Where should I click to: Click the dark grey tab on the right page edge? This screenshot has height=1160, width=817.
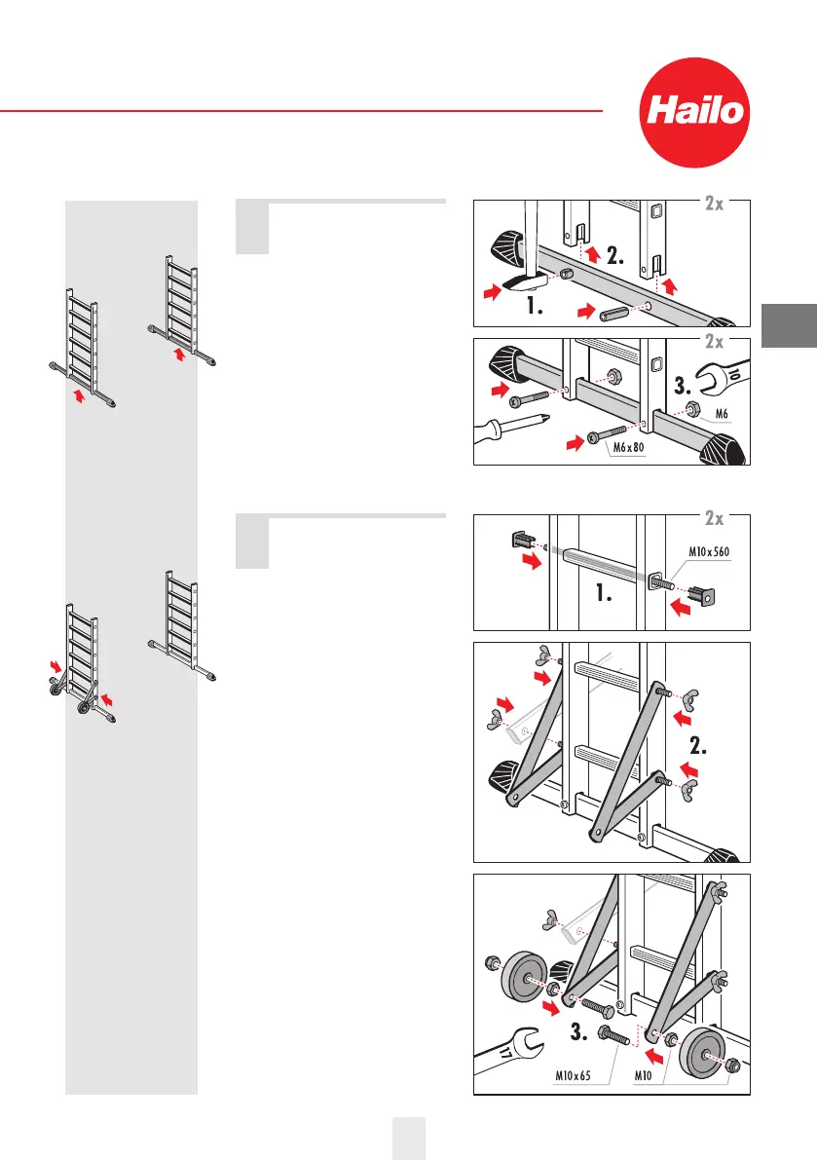787,326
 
